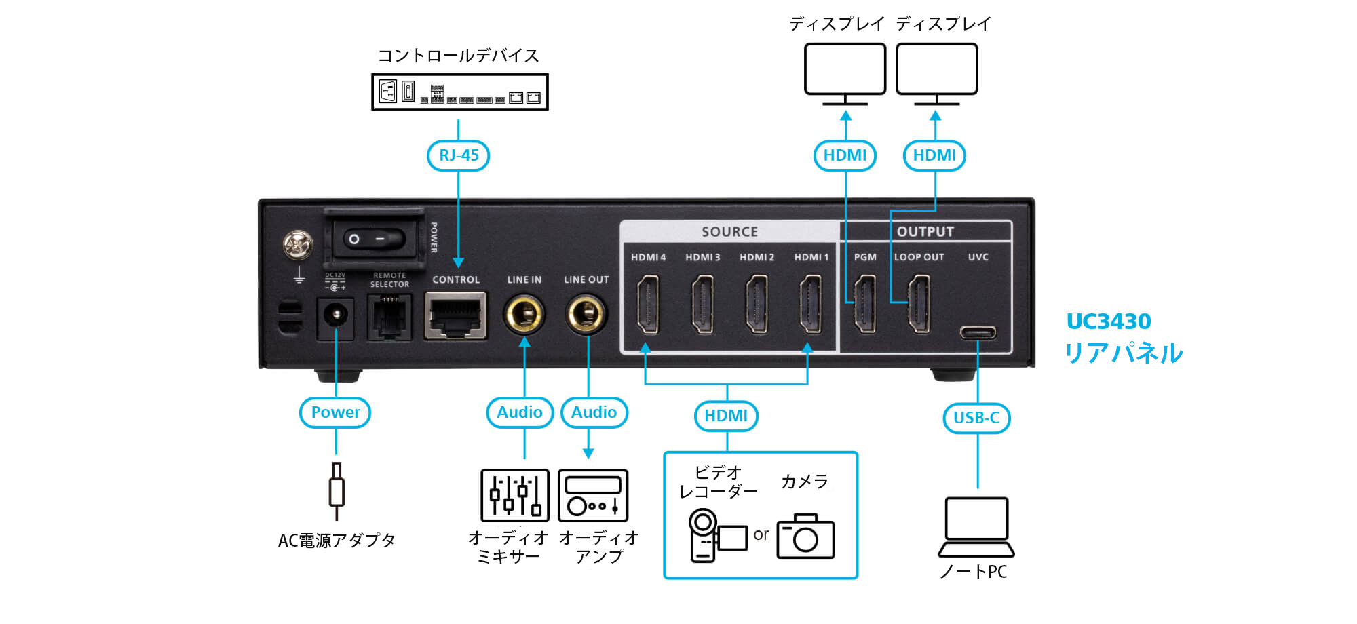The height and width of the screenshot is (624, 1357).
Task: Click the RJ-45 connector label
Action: coord(459,155)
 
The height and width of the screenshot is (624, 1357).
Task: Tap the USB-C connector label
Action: coord(976,418)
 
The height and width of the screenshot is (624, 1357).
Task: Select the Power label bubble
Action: coord(335,412)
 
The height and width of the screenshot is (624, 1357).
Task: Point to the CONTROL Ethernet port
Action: coord(456,315)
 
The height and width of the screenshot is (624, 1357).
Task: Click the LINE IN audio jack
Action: coord(524,315)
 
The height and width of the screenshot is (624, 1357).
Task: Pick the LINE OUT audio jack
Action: coord(586,315)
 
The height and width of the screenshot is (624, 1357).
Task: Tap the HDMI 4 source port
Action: coord(648,305)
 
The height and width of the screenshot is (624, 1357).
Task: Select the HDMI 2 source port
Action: coord(757,305)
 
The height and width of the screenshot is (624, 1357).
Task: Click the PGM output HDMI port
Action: coord(864,305)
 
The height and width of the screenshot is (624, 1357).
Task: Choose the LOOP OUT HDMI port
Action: coord(919,305)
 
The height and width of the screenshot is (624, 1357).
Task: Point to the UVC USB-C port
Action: coord(978,332)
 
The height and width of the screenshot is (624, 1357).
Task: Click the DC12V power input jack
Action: coord(335,316)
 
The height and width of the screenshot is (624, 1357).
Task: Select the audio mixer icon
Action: coord(515,495)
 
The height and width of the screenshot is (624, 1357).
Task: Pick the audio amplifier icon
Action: coord(593,495)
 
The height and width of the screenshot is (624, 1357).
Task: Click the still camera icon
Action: coord(805,537)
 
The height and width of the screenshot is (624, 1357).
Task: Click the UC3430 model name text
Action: coord(1109,321)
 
